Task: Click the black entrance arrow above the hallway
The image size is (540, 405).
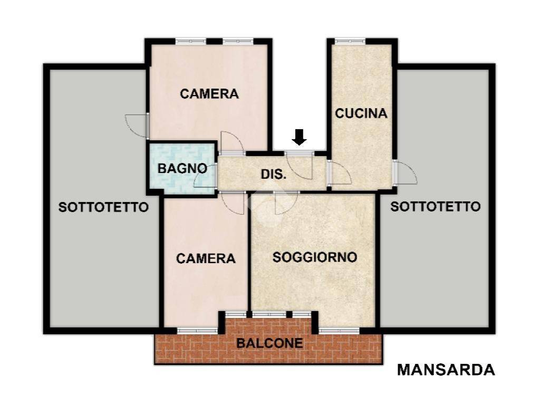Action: point(300,137)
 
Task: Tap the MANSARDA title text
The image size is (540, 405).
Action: point(446,370)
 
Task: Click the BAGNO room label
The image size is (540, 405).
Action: point(182,169)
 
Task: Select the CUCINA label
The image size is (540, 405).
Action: point(361,113)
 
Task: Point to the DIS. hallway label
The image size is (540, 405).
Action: point(274,174)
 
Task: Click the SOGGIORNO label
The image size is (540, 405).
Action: point(315,257)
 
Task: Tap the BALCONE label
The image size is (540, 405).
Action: point(269,343)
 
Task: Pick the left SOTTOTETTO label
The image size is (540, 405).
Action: point(103,207)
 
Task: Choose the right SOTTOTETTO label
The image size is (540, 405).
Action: point(436,207)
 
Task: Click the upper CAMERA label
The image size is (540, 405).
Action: point(209,94)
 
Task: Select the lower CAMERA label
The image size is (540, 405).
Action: point(206,258)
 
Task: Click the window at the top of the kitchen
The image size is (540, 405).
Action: point(350,41)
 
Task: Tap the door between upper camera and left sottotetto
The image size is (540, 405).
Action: point(138,126)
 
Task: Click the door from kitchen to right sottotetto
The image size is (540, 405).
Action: point(405,171)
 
